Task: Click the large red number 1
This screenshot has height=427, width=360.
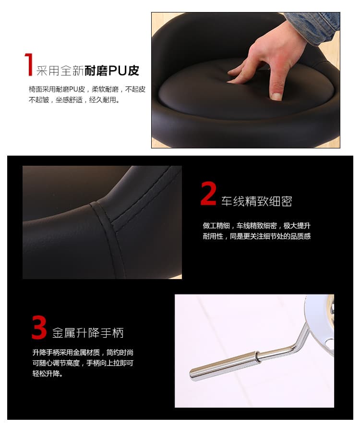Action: coord(29,64)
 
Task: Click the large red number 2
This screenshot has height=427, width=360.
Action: coord(208,194)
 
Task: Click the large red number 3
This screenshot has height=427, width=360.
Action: coord(39,327)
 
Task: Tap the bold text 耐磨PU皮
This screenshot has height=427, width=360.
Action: coord(112,71)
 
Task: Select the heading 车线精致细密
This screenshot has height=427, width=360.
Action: coord(257,201)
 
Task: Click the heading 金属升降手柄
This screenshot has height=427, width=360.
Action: coord(88,333)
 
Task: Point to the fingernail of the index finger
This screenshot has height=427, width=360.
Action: coord(276,96)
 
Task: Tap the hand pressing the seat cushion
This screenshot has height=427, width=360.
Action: coord(269,62)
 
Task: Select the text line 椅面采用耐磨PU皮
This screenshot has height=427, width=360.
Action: coord(57,89)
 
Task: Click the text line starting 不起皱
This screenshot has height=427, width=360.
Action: coord(74,100)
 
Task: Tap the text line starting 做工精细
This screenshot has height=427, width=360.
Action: coord(257,225)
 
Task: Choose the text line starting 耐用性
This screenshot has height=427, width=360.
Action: coord(257,236)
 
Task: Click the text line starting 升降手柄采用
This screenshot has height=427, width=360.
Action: coord(83,353)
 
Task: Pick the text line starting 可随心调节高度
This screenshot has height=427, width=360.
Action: coord(83,363)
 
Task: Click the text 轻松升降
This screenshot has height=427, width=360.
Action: coord(48,373)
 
